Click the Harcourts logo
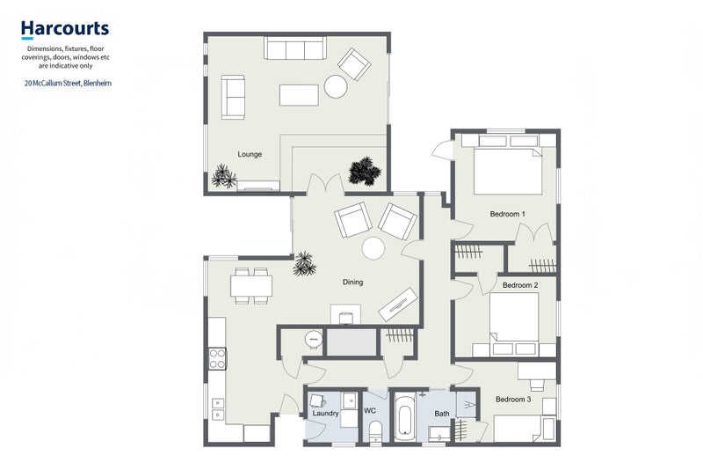point(65,29)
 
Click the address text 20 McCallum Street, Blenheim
point(69,83)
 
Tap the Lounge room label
point(250,154)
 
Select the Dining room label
point(353,282)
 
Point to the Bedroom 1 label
point(508,214)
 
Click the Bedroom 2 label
point(520,285)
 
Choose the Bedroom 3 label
point(513,399)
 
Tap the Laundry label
point(325,413)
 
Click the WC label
point(370,411)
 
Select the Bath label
point(442,414)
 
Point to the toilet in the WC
point(375,432)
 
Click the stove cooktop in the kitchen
point(217,359)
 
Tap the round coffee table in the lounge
point(336,86)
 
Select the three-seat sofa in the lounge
point(294,48)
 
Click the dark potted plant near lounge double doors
point(365,171)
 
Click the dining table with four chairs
point(251,285)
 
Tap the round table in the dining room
point(373,248)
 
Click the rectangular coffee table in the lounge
point(299,95)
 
